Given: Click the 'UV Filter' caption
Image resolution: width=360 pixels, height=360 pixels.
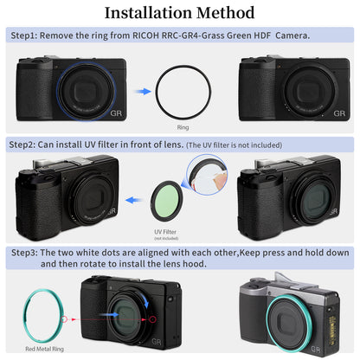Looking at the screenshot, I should coord(164,233).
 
